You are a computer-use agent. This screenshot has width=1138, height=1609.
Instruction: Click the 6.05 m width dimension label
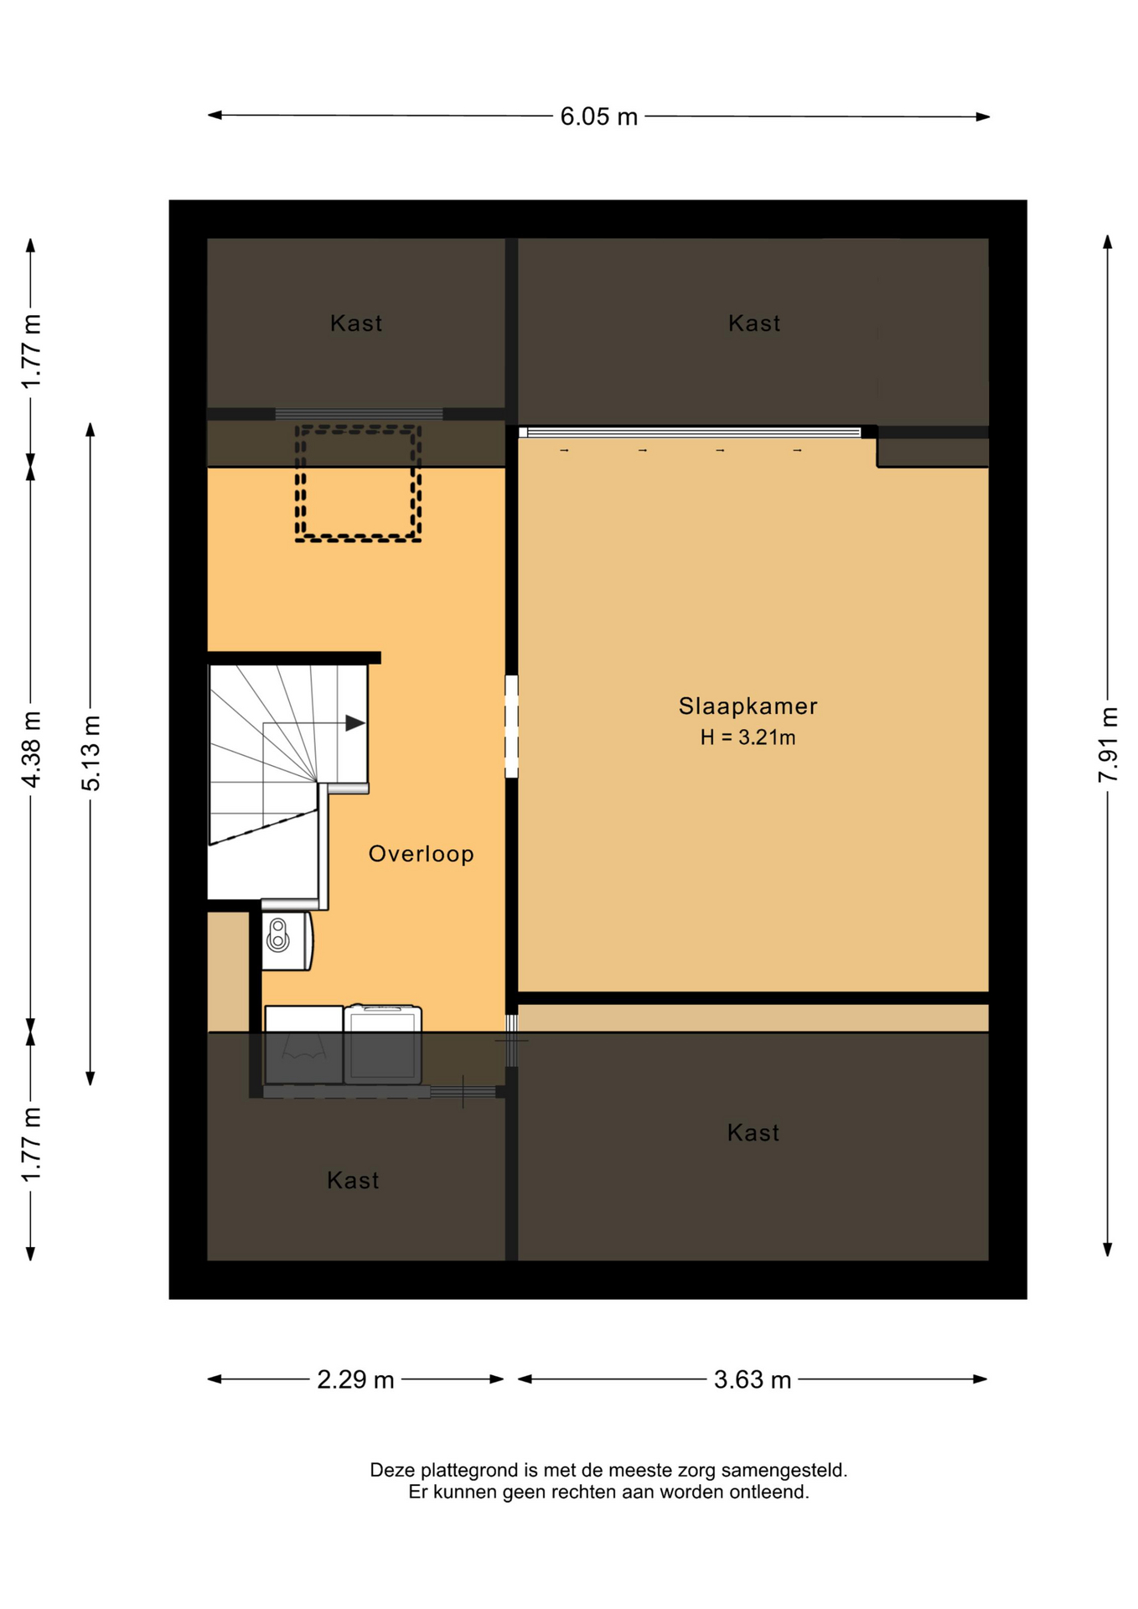pos(598,116)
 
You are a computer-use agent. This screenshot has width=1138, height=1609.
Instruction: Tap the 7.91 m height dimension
pos(1108,745)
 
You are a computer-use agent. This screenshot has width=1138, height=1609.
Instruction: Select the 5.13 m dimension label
pos(91,753)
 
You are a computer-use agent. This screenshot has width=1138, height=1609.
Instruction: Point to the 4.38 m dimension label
pos(31,749)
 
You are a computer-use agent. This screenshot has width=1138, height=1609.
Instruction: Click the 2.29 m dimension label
pos(355,1379)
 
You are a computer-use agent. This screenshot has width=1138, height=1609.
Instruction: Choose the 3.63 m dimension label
pos(752,1379)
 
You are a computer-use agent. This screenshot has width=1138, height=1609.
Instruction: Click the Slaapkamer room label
pos(747,706)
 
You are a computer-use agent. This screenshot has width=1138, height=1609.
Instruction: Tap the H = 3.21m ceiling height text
pos(747,737)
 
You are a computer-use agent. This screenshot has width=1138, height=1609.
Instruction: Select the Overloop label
pos(422,854)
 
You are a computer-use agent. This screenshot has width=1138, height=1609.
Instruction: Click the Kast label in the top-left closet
pos(356,323)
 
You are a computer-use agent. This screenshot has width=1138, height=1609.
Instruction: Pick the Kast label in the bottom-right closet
pos(753,1133)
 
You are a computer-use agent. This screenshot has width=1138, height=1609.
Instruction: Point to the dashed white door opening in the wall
pos(511,727)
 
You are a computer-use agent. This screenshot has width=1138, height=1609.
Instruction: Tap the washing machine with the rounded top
pos(382,1044)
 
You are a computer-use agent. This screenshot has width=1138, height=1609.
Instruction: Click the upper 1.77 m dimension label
pos(31,350)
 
